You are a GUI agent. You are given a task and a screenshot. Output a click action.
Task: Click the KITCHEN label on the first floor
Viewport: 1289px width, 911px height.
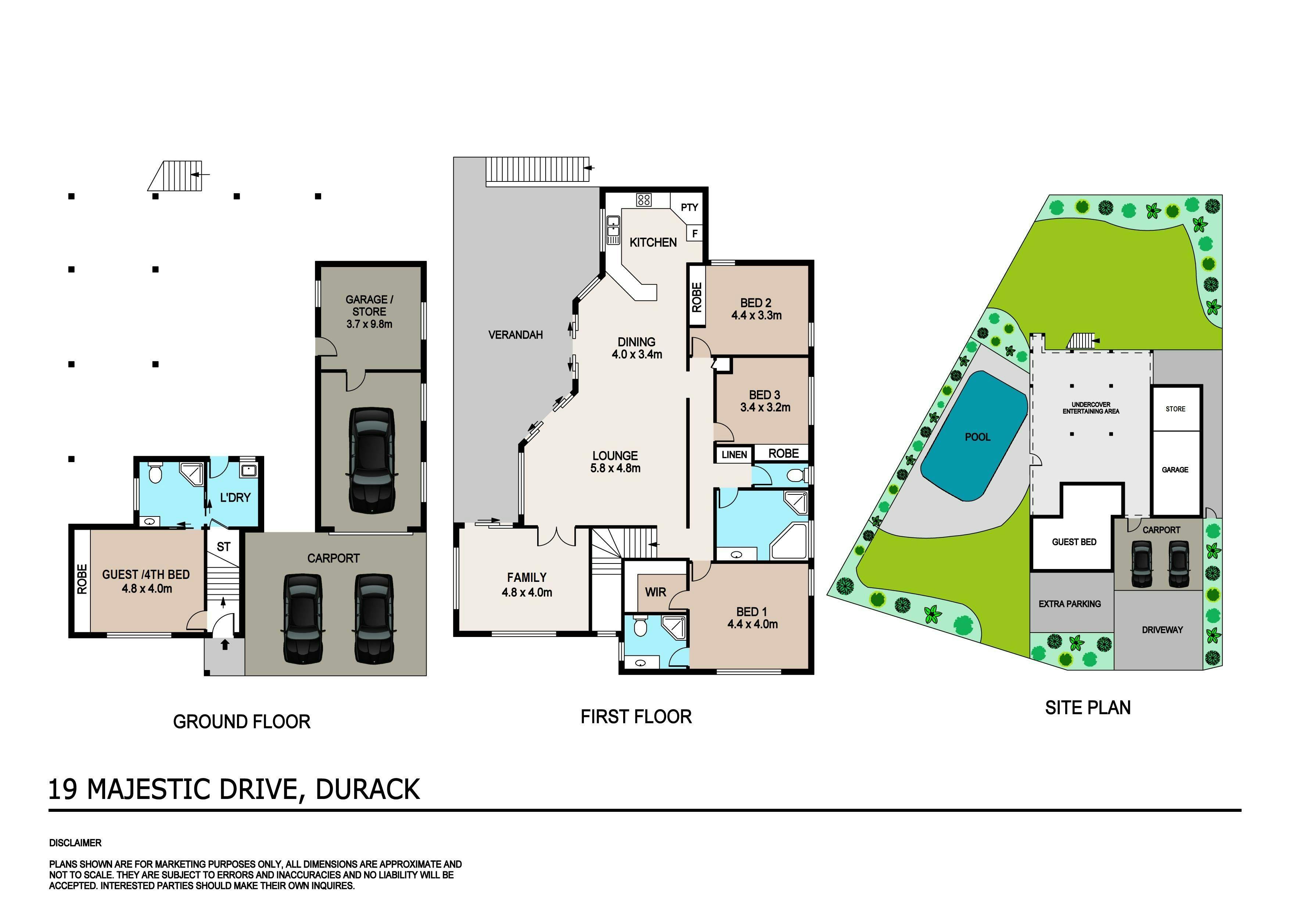point(653,242)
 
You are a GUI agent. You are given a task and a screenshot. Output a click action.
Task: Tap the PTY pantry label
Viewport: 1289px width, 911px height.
point(689,207)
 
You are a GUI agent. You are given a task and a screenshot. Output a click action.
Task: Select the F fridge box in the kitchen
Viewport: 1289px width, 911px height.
point(695,233)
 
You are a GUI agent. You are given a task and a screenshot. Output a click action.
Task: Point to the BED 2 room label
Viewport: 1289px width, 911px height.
point(756,303)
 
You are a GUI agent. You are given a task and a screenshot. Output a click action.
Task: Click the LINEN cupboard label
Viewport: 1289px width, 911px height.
point(734,455)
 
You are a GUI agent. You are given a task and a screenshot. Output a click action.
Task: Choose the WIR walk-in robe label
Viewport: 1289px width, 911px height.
point(656,592)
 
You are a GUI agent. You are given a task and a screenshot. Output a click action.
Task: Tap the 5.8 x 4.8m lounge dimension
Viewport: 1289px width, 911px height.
point(615,468)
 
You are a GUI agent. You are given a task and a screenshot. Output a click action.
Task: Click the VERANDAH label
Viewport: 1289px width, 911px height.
point(516,335)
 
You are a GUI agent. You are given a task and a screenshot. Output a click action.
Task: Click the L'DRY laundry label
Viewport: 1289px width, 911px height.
point(235,497)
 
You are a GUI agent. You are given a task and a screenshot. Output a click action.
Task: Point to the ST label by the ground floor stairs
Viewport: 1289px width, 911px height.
point(223,546)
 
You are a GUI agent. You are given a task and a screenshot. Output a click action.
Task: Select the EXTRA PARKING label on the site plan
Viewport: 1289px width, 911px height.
point(1070,604)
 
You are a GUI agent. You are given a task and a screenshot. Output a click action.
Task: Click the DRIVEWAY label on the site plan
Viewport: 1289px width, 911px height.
point(1162,630)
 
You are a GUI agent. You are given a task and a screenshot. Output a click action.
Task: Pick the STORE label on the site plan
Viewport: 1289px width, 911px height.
point(1175,409)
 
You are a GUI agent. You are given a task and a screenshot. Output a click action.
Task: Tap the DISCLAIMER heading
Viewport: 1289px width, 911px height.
point(75,843)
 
